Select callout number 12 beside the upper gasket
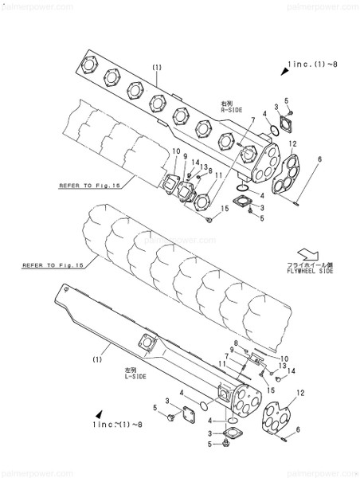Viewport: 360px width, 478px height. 293,144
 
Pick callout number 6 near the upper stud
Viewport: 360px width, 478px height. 319,160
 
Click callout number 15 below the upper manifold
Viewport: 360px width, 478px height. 225,209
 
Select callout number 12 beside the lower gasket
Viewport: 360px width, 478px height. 300,394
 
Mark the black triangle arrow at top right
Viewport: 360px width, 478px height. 284,72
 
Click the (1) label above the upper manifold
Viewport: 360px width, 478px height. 157,67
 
